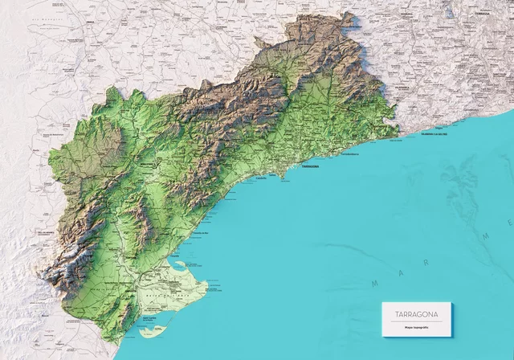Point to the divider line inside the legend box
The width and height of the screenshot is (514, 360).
point(416,320)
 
